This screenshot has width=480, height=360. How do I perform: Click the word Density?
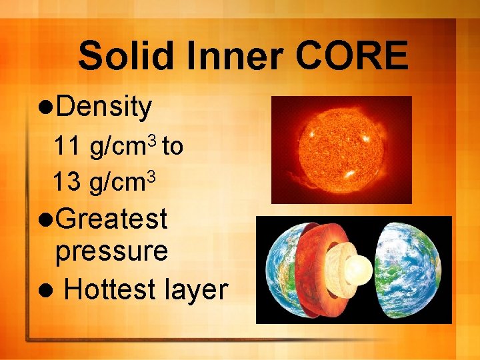click(104, 107)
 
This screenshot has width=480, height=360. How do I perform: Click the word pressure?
click(111, 251)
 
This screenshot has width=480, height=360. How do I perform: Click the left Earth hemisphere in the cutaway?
click(280, 269)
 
